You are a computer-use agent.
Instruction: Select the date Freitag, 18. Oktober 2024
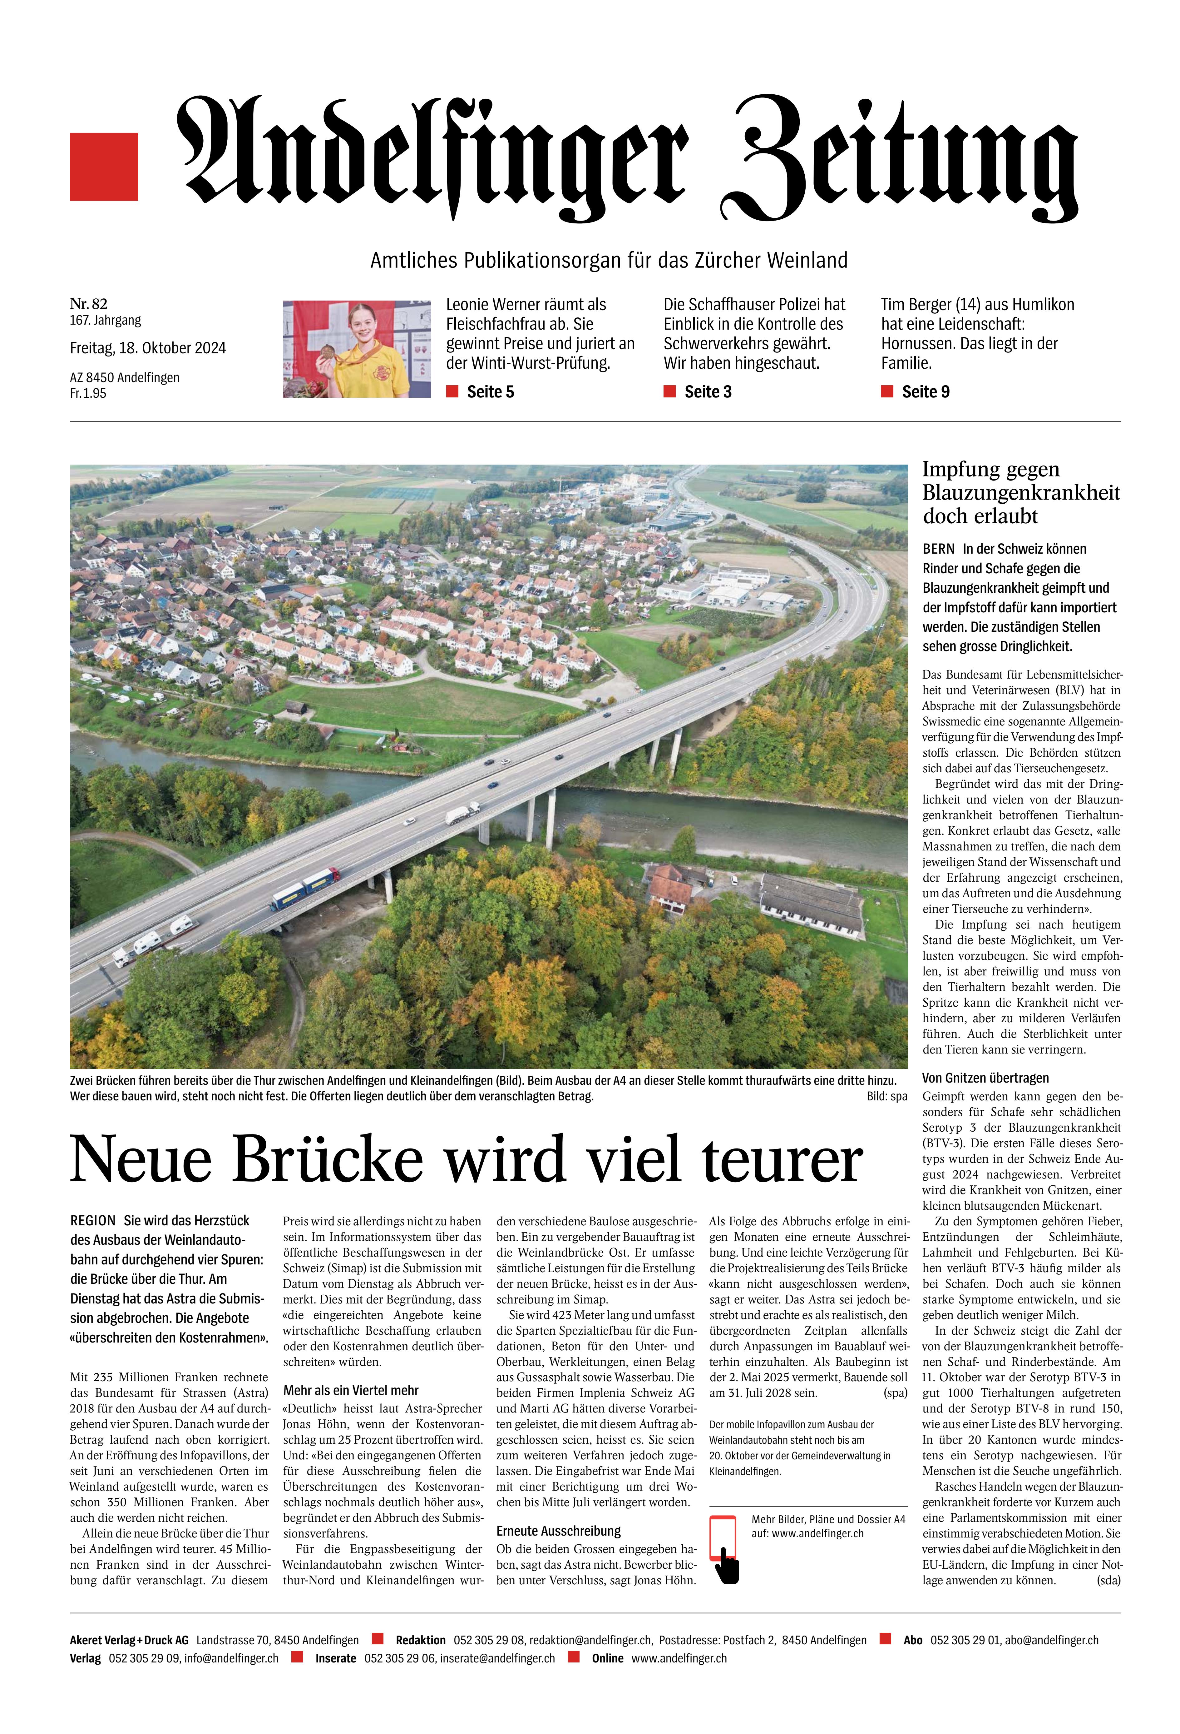coord(148,348)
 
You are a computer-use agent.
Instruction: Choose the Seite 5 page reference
coord(489,392)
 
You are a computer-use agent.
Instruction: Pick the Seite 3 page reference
coord(707,392)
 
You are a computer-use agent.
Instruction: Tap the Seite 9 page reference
coord(925,392)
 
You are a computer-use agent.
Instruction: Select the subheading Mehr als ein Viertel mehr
coord(351,1390)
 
